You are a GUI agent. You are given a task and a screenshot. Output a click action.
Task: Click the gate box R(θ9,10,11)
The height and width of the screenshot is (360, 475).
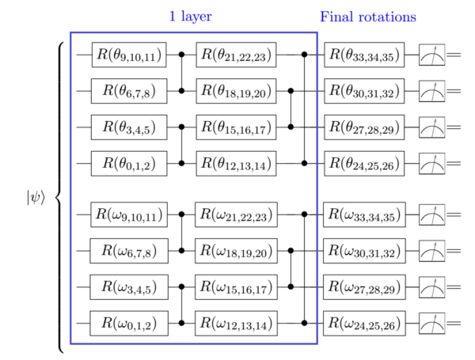[129, 55]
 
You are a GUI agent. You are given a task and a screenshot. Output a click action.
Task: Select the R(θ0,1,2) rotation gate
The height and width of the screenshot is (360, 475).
[129, 164]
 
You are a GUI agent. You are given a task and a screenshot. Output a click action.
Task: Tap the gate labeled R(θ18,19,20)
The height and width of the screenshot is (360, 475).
[236, 91]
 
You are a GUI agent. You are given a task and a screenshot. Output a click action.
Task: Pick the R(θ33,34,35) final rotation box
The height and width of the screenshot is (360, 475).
[364, 55]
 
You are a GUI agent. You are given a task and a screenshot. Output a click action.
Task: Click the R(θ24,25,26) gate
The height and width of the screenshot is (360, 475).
[364, 164]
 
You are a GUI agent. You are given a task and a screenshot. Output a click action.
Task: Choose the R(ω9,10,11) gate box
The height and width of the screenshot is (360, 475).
[129, 214]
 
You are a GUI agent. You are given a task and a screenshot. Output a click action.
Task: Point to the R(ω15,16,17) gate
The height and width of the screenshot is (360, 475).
[236, 287]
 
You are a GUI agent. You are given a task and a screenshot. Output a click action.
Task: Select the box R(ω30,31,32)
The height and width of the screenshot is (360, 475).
[364, 251]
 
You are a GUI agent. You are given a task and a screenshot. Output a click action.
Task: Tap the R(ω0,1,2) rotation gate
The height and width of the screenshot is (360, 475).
[129, 324]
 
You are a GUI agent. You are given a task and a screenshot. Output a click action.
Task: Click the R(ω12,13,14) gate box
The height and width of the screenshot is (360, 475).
[236, 324]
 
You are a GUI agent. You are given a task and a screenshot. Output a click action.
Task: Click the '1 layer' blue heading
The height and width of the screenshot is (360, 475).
[190, 16]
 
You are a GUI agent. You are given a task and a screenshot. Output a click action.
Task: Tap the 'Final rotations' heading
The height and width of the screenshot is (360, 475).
[368, 17]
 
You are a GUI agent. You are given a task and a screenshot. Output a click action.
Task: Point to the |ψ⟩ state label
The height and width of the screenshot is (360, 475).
[36, 198]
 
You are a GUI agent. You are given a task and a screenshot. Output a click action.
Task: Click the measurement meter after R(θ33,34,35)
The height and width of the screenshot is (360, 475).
[432, 55]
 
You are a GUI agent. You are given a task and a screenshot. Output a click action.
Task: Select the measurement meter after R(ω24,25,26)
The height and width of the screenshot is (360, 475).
[432, 324]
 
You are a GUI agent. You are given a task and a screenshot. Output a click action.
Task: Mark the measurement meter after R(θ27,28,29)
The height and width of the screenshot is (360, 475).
[432, 127]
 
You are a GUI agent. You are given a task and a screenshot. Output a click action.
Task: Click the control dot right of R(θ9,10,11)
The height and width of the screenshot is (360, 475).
[181, 55]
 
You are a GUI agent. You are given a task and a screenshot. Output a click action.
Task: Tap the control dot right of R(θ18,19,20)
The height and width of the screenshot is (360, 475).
[291, 91]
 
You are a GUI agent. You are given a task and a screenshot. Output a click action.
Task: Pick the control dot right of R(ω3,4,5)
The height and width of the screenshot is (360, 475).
[181, 286]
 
